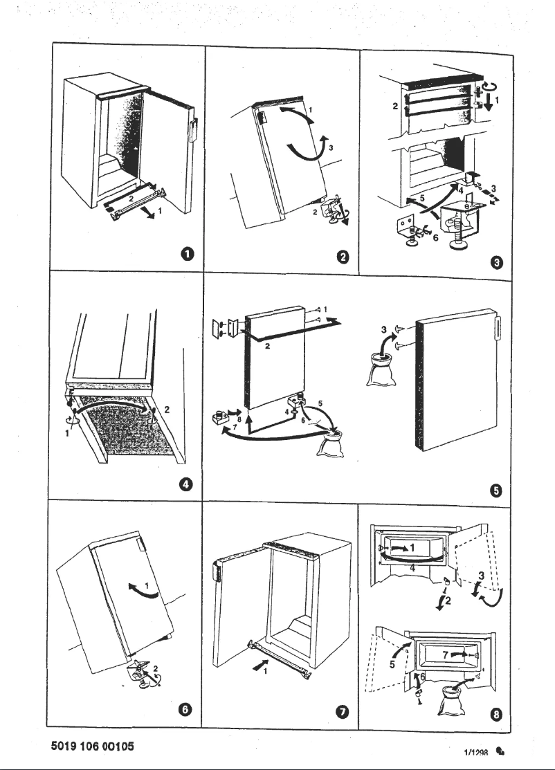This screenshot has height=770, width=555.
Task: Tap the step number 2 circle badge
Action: pos(342,258)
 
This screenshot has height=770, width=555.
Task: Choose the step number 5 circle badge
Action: pos(495,491)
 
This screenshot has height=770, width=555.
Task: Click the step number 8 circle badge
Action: pos(496,713)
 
